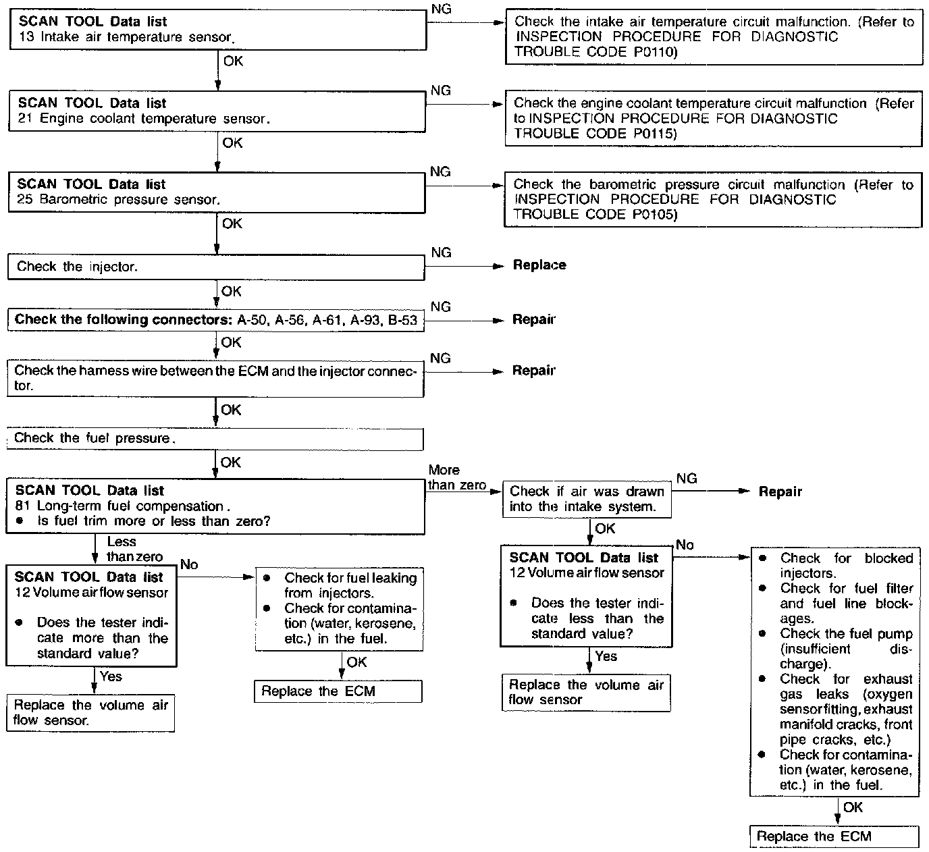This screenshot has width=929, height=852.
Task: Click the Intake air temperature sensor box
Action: [x=217, y=30]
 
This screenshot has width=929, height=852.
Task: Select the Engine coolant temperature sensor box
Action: [x=217, y=111]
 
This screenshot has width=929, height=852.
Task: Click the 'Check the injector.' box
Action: [x=216, y=267]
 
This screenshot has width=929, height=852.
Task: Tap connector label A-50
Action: [x=252, y=320]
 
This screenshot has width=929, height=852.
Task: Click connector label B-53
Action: [x=403, y=320]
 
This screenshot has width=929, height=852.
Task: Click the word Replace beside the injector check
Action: [x=539, y=265]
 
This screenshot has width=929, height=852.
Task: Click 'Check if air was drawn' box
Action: [x=587, y=499]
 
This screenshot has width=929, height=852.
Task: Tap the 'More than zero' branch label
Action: [x=457, y=478]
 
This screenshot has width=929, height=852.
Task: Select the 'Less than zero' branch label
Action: [x=134, y=549]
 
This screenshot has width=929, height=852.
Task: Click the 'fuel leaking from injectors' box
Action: [x=339, y=610]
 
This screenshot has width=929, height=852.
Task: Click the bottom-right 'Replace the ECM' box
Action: [x=834, y=837]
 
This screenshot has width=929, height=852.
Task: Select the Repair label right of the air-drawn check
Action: [x=780, y=492]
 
